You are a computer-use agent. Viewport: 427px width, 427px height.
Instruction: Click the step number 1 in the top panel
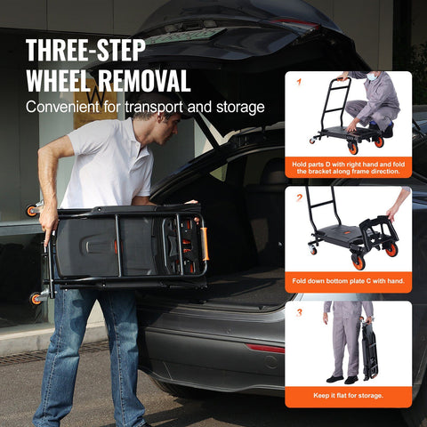pyautogui.click(x=300, y=82)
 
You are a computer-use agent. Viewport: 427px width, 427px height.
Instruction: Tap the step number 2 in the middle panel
pyautogui.click(x=300, y=197)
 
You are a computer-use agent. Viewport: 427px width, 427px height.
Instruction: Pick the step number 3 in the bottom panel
pyautogui.click(x=300, y=311)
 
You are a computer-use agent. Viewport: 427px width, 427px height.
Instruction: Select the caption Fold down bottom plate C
pyautogui.click(x=349, y=280)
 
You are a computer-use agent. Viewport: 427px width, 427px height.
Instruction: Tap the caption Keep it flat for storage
pyautogui.click(x=349, y=395)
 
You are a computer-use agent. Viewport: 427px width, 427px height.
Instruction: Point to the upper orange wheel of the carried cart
pyautogui.click(x=33, y=210)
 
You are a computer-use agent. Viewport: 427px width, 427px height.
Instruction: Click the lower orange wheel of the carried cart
pyautogui.click(x=36, y=299)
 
